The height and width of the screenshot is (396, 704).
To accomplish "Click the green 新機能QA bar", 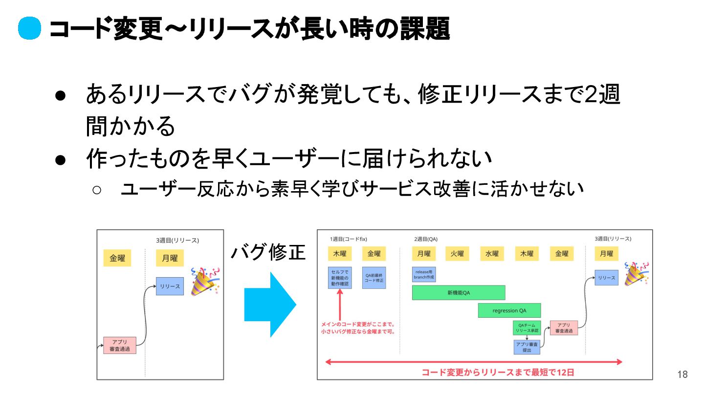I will [459, 293].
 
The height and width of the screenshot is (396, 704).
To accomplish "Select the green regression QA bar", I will [509, 310].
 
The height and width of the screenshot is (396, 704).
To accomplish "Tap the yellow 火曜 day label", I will [457, 254].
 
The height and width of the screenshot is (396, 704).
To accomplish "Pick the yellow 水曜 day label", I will [492, 254].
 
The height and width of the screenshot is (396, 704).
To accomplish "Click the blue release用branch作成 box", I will [424, 274].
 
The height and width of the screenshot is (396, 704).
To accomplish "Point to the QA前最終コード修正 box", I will [374, 278].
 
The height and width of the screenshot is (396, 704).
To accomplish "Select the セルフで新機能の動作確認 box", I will [340, 277].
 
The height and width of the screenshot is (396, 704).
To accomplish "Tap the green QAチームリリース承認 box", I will [527, 328].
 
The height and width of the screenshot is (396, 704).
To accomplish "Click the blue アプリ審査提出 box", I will [527, 347].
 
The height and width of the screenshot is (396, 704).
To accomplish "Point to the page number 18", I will [682, 375].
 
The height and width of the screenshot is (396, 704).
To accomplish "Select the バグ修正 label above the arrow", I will [268, 253].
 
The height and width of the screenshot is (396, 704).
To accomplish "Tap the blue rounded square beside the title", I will [29, 29].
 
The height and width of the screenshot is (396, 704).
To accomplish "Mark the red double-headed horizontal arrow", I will [474, 362].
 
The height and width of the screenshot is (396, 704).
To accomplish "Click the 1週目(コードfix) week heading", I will [348, 239].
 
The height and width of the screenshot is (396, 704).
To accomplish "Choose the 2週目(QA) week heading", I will [426, 239].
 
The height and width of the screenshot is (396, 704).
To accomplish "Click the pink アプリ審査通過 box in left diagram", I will [120, 346].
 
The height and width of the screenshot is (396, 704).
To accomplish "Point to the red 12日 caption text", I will [498, 373].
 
